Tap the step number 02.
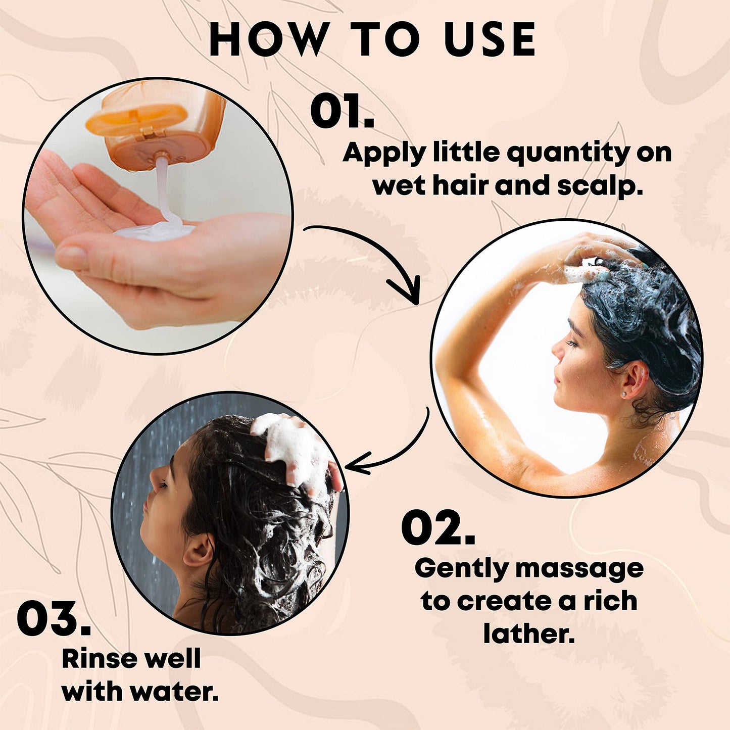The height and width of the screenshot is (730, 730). point(438,528)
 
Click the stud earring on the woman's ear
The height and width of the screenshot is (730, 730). point(624,395)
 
